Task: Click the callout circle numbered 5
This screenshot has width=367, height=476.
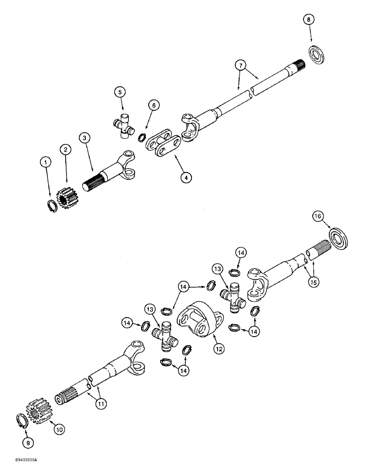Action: pos(119,92)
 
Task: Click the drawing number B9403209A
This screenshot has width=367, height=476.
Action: pos(22,461)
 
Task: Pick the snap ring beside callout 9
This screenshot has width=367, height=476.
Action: pos(22,421)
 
